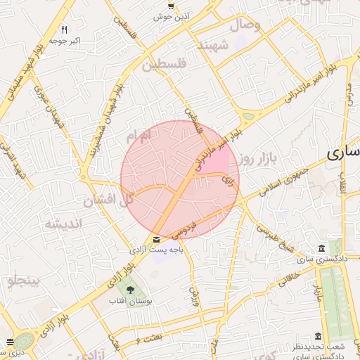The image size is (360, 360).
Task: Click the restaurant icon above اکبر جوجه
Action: (x=64, y=30)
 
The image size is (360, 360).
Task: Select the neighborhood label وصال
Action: (x=248, y=25)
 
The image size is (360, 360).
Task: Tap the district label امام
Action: (x=139, y=136)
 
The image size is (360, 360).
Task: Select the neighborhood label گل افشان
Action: (x=108, y=201)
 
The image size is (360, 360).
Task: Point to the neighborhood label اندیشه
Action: (x=64, y=224)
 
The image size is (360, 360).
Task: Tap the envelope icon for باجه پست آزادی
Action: (x=146, y=239)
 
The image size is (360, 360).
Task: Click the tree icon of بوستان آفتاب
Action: (x=129, y=290)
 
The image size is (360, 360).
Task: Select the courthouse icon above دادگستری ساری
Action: (x=321, y=249)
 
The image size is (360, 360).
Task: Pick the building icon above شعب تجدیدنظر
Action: (x=318, y=336)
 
